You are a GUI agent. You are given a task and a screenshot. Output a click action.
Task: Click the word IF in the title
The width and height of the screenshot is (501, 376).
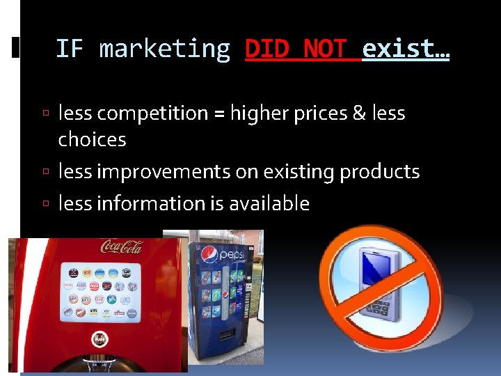pos(70,49)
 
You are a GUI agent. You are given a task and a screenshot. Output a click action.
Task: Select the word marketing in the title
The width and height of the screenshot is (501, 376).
pos(165,49)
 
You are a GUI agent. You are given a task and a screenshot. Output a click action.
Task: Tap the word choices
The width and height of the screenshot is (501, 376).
pos(92,140)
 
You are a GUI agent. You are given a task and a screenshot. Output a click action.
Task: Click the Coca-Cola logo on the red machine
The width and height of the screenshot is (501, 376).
pos(121,246)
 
